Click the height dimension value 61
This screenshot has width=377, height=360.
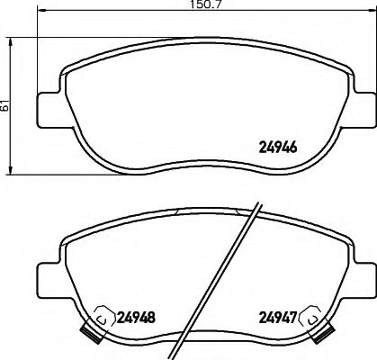click(7, 104)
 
